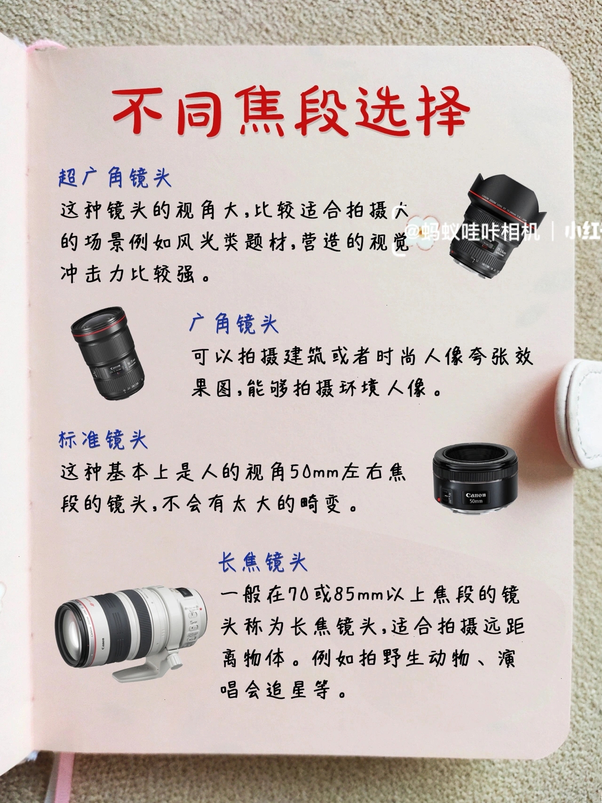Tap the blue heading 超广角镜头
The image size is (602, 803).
(x=115, y=177)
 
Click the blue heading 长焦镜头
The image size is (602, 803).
(x=262, y=562)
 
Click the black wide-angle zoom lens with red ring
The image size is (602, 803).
(x=108, y=353)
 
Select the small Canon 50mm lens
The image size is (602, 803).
(x=475, y=478)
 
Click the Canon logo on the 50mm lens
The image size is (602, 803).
(x=475, y=495)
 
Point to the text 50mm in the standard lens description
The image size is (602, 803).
(x=315, y=472)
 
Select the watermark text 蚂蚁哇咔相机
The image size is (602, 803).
(x=479, y=231)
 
